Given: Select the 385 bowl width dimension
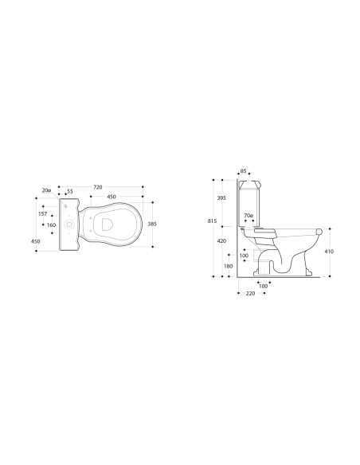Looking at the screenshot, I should tap(151, 225).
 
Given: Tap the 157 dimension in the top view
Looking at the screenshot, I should tap(41, 213).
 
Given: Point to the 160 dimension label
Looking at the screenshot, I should tap(52, 225).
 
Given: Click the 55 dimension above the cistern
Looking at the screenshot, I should tap(70, 192).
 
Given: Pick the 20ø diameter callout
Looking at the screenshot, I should tap(47, 191).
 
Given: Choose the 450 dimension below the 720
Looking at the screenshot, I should tap(112, 197).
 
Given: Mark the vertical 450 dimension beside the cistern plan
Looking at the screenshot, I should tap(35, 241).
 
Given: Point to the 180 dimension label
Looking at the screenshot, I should tap(228, 266).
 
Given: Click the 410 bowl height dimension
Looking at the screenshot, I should tap(329, 251).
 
